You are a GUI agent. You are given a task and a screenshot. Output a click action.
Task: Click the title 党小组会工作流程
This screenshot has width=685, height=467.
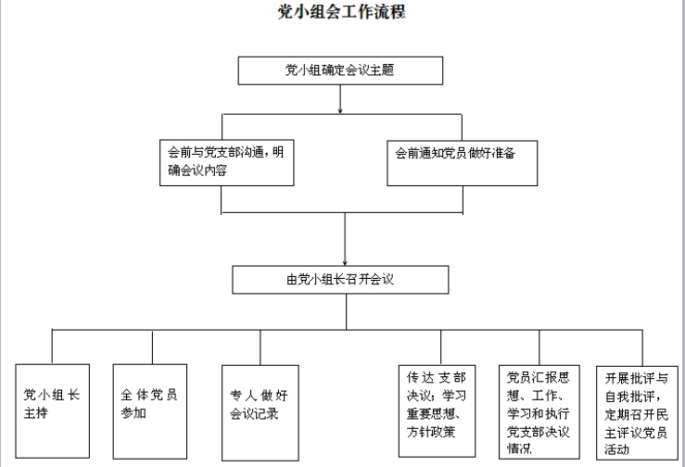click(x=342, y=12)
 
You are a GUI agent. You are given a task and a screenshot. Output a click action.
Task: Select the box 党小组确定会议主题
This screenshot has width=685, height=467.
click(x=340, y=70)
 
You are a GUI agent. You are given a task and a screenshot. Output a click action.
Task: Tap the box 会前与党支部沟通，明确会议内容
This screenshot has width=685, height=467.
click(x=227, y=162)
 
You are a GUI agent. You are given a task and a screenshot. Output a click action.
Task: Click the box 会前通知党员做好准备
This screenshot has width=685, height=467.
click(x=463, y=163)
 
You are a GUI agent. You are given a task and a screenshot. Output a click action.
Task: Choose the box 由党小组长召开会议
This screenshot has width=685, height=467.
click(x=340, y=280)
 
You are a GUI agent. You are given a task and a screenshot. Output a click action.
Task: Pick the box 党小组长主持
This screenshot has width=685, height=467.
click(x=53, y=411)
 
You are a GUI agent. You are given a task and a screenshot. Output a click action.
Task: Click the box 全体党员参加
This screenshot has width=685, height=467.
click(x=150, y=411)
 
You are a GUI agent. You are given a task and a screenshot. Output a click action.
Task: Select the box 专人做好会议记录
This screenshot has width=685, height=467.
click(x=260, y=413)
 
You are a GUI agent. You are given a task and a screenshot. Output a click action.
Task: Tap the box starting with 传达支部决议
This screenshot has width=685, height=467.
click(x=437, y=411)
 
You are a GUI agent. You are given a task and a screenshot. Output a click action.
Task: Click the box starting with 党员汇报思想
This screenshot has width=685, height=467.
click(x=539, y=412)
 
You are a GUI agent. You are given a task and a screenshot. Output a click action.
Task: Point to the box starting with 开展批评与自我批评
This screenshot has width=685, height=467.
click(x=638, y=413)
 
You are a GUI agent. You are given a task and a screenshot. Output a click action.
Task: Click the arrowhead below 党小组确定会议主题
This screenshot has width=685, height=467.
click(x=340, y=111)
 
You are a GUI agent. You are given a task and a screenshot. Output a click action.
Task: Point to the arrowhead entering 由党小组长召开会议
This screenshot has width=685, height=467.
click(x=345, y=262)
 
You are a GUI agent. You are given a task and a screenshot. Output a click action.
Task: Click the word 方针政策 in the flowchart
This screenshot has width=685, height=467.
click(x=431, y=432)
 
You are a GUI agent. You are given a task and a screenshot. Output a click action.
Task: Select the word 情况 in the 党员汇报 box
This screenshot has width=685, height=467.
click(x=519, y=448)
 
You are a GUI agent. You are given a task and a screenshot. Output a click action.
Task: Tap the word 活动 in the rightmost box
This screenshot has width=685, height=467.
click(x=616, y=449)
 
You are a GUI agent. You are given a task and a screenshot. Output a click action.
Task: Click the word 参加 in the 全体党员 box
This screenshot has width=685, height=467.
click(x=133, y=413)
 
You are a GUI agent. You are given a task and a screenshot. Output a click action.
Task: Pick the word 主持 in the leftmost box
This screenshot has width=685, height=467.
click(x=36, y=413)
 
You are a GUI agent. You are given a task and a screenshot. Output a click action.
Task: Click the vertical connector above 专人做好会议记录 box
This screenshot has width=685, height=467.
click(x=260, y=347)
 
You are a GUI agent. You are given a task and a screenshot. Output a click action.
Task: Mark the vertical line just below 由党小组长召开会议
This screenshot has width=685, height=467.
click(x=347, y=311)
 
